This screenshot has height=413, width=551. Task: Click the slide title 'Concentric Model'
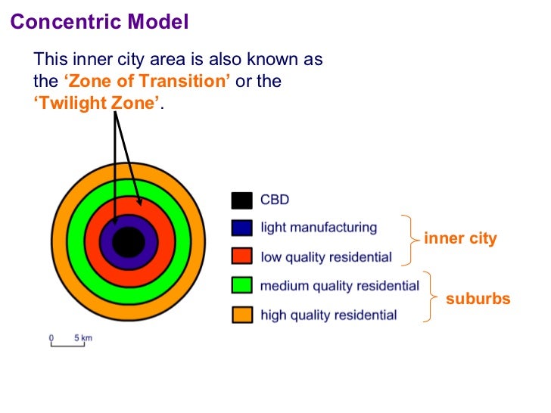pos(99,22)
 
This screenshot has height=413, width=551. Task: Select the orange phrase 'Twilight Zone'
pos(98,104)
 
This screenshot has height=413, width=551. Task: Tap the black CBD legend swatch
pos(241,200)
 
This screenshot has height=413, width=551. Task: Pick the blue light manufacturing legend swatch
pos(241,228)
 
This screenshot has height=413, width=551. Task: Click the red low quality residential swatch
pos(241,256)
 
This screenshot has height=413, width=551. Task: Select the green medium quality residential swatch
pos(241,286)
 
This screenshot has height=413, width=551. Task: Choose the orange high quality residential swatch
pos(241,315)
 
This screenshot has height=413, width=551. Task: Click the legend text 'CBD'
pos(275,200)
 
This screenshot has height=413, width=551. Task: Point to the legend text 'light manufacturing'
pos(318,228)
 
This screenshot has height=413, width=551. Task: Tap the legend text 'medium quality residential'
pos(339,286)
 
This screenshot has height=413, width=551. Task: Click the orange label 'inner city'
pos(460,239)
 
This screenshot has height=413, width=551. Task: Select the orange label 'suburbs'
pos(478,299)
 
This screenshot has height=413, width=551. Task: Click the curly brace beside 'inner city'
pos(411,240)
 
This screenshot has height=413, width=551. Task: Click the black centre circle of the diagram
pos(128,242)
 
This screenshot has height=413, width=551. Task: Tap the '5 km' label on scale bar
pos(82,337)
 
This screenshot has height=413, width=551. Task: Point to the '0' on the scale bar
pos(51,337)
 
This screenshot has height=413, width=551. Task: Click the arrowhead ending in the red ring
pos(139,202)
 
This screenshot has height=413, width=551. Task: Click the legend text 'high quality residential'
pos(328,315)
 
